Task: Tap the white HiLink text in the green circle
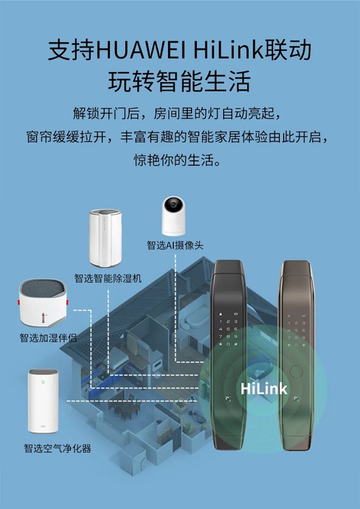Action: click(264, 388)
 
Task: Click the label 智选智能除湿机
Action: click(107, 278)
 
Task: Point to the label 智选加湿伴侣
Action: click(48, 338)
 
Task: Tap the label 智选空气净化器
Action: click(58, 448)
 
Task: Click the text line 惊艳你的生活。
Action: click(179, 161)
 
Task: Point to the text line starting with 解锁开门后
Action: click(179, 113)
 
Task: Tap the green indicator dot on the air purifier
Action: click(43, 379)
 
